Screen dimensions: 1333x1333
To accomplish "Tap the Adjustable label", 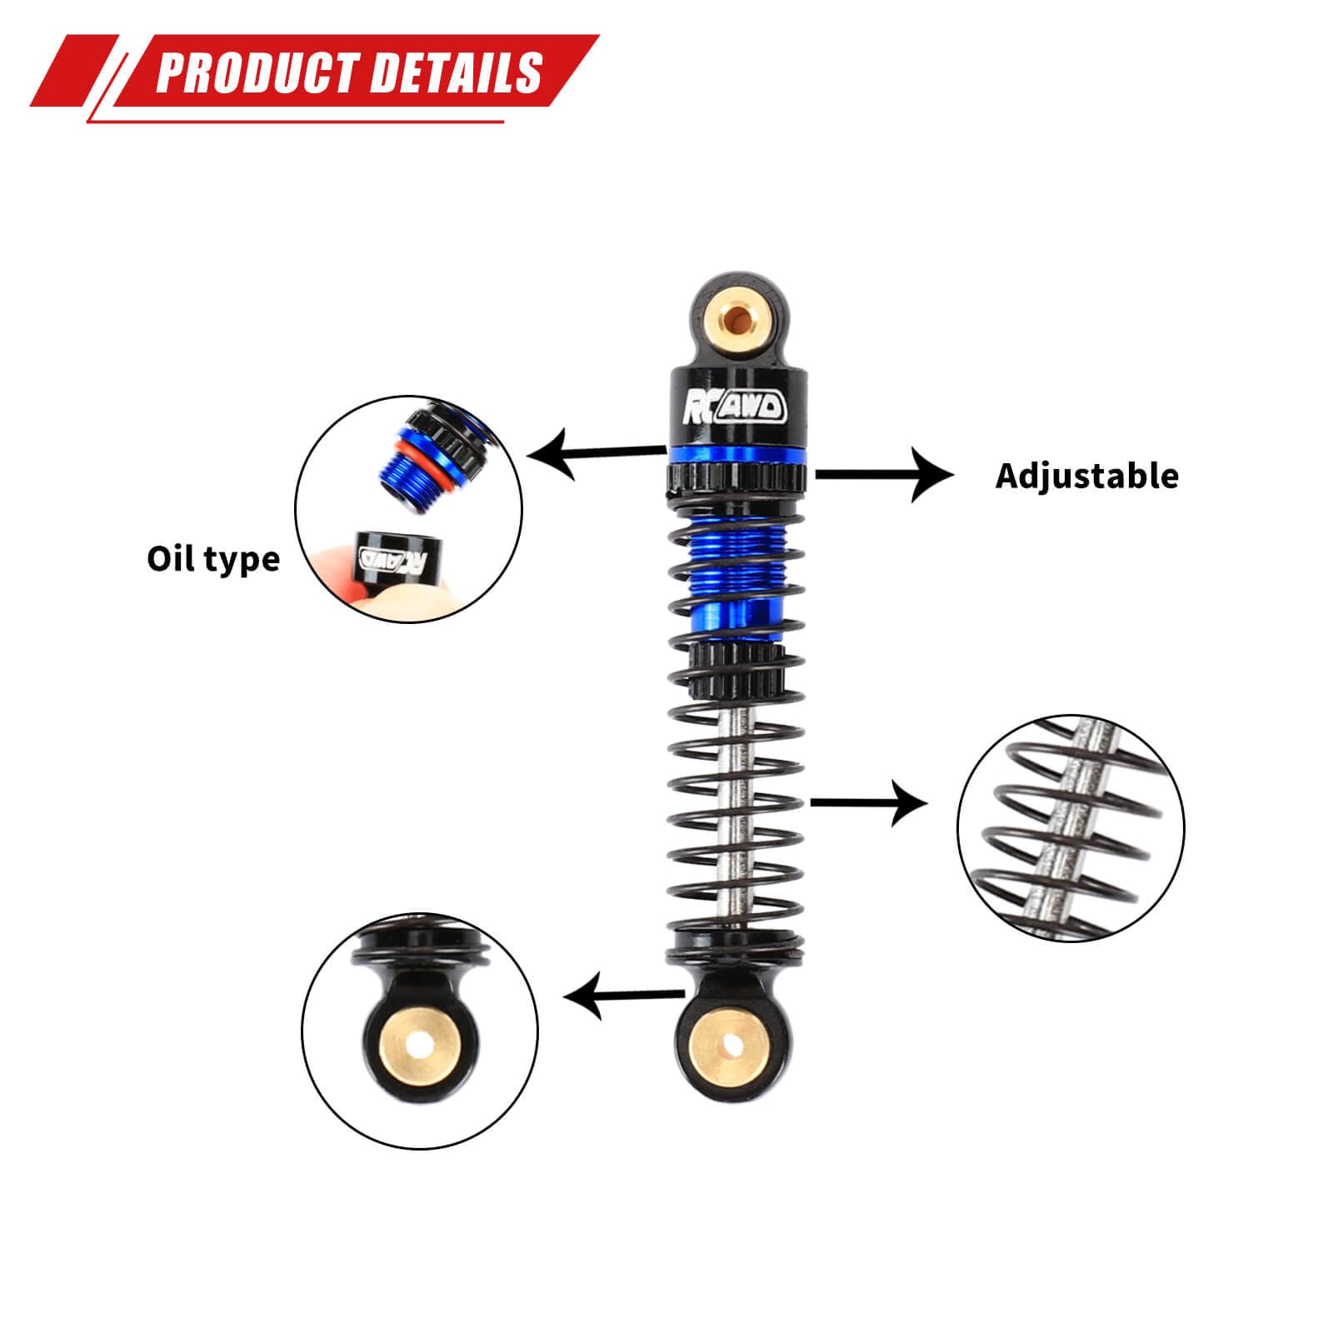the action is tap(1087, 476).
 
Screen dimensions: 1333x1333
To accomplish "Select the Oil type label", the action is tap(213, 559).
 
